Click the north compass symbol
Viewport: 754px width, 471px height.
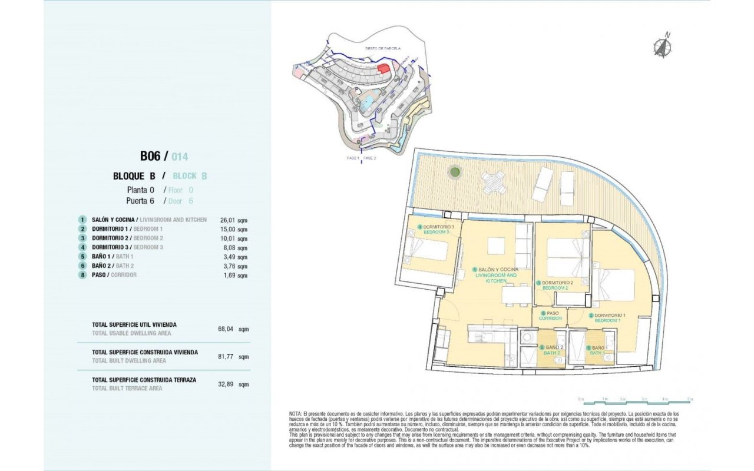pos(663,46)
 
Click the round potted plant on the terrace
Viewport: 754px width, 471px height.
pos(455,173)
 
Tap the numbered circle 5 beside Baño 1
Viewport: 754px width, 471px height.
pos(83,257)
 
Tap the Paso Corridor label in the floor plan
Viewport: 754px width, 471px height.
pos(550,316)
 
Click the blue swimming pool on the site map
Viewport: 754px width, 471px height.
pos(366,102)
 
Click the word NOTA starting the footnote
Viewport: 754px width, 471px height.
pos(295,414)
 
